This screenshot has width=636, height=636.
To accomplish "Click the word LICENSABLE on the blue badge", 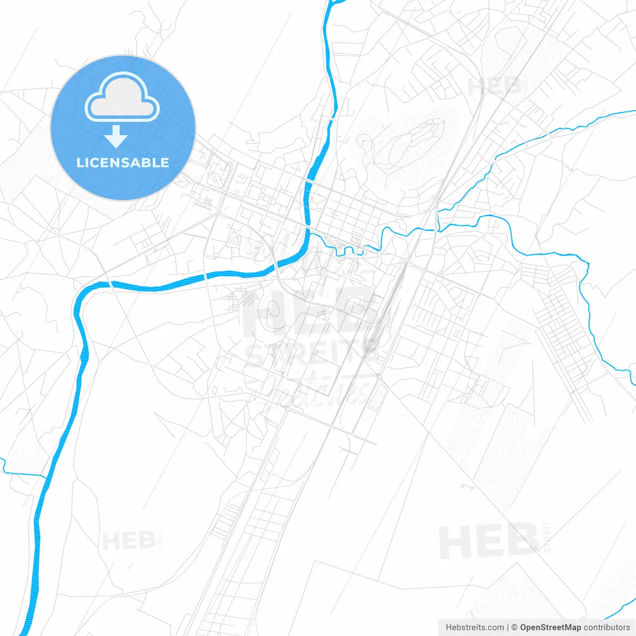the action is [123, 162].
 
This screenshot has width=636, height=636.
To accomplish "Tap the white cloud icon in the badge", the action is [122, 97].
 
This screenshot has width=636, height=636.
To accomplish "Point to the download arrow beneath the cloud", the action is [116, 137].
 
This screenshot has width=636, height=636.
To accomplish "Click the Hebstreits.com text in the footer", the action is [475, 628].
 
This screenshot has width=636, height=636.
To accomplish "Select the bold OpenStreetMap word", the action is [550, 628].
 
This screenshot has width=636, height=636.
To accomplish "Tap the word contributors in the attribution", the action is [607, 628].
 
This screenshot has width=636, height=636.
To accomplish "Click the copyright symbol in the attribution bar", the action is [514, 628].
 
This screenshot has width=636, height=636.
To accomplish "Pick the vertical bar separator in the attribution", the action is [507, 628].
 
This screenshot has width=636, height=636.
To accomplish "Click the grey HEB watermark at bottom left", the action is [129, 541].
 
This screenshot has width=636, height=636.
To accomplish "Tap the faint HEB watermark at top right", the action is [494, 87].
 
